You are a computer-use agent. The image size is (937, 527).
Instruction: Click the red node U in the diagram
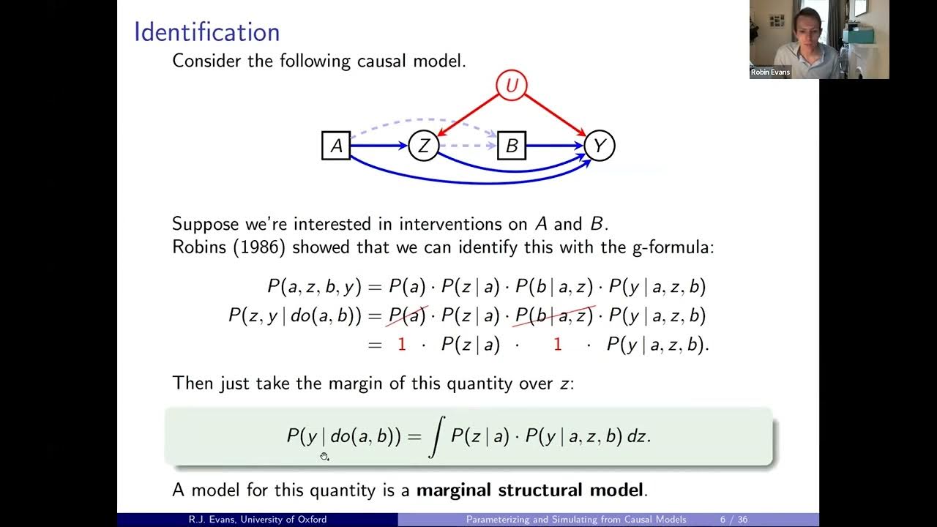click(x=512, y=86)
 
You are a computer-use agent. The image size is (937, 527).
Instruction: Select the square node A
click(x=336, y=146)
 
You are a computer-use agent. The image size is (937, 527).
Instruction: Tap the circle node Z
click(x=423, y=146)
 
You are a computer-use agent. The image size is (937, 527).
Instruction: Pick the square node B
click(x=511, y=146)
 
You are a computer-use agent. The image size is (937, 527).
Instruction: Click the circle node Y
click(x=599, y=146)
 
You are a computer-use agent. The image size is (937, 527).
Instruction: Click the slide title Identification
click(x=206, y=32)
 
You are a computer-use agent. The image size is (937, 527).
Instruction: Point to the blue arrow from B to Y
click(x=554, y=146)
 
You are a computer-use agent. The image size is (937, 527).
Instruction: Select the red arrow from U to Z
click(x=468, y=115)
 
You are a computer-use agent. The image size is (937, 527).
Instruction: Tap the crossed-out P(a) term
click(x=407, y=315)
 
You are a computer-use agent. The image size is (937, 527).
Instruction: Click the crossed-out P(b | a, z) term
click(x=554, y=315)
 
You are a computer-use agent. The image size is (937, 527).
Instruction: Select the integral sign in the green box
click(x=435, y=437)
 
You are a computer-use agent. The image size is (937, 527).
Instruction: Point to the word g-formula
click(x=672, y=247)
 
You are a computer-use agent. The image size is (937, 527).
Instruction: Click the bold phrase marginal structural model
click(x=531, y=490)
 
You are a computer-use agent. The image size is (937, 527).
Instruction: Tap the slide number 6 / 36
click(x=733, y=520)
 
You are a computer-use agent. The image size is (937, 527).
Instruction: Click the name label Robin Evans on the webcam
click(x=770, y=72)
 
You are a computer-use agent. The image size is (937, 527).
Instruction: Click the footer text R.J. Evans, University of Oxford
click(x=258, y=520)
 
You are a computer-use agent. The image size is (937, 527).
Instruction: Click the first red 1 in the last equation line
click(x=401, y=345)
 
